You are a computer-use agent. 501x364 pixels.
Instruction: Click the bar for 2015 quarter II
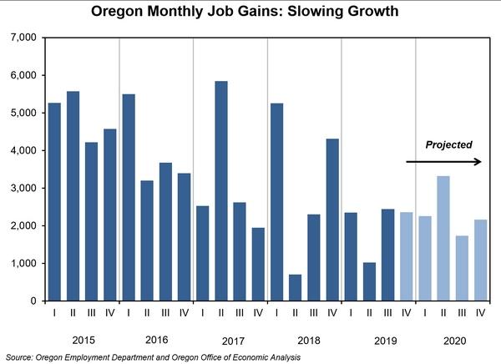(x=73, y=196)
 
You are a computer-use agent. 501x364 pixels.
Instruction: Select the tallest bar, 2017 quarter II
(x=221, y=191)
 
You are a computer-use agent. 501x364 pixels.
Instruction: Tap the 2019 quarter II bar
(x=369, y=281)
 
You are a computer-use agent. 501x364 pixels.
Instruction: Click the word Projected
(x=449, y=144)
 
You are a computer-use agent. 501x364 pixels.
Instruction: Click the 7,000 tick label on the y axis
(x=21, y=38)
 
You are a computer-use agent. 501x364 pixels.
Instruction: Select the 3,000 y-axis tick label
(x=21, y=189)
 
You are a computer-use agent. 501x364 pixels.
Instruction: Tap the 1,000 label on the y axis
(x=21, y=264)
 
